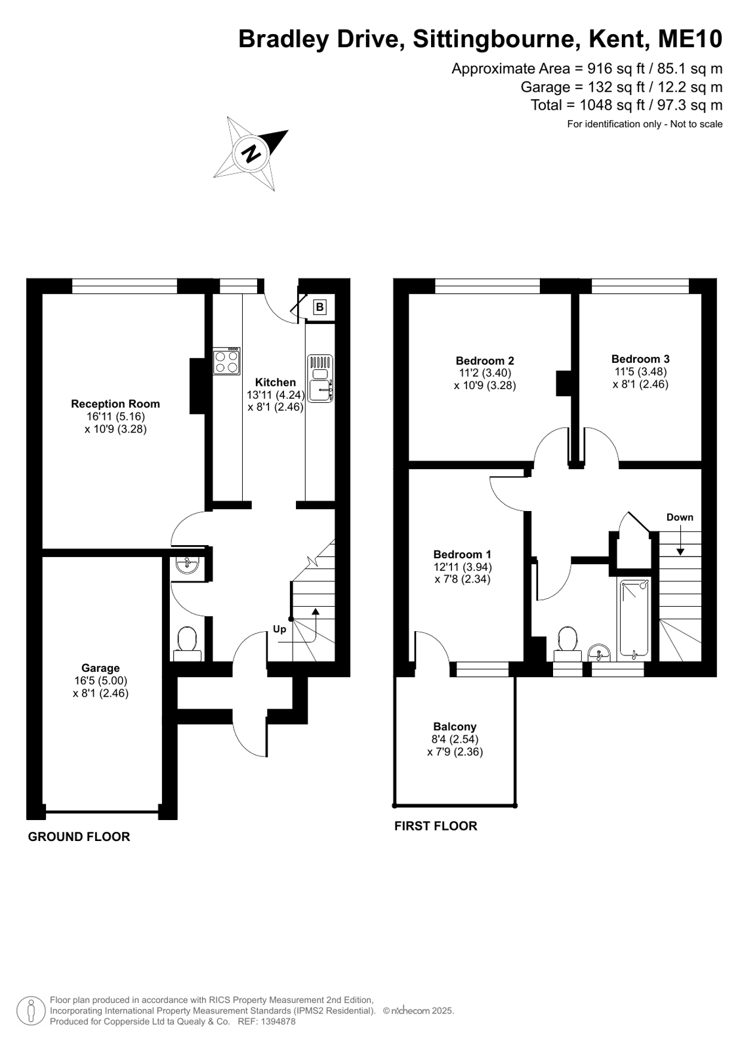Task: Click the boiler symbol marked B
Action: (319, 307)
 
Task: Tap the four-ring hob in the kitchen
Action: (227, 361)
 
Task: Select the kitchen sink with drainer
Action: (320, 379)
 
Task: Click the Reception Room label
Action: (115, 403)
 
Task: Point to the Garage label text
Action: (100, 668)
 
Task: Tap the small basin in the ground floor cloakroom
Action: (188, 563)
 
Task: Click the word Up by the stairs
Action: (279, 629)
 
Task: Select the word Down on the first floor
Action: (680, 517)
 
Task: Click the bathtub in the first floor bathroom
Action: (634, 618)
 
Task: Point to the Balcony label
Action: (455, 726)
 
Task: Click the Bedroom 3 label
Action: (640, 359)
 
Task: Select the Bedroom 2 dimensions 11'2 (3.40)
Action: (485, 373)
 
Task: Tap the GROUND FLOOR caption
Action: (79, 836)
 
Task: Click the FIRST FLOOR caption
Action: (436, 825)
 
